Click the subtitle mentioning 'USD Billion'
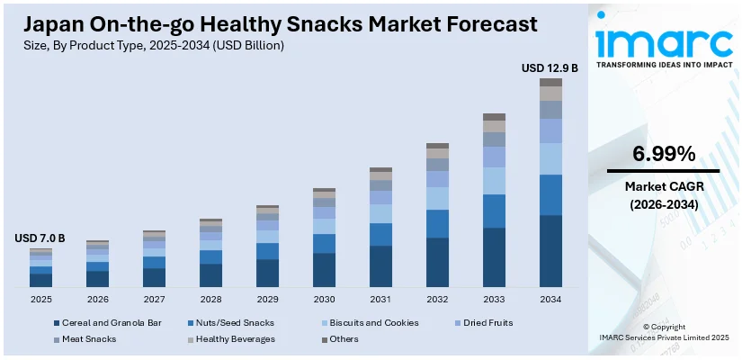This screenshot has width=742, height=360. point(149,45)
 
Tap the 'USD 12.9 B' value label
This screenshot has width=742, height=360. point(550,67)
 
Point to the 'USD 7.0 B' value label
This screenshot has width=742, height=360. point(40,238)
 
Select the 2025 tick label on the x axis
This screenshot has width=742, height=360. point(40,299)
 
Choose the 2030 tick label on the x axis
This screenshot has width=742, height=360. point(324,299)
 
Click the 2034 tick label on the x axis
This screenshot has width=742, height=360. point(550,299)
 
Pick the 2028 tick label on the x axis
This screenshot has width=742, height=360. point(210,299)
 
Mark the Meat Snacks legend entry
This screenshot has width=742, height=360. point(90,339)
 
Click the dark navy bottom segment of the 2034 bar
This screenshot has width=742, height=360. point(550,251)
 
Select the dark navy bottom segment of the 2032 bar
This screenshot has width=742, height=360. point(437,262)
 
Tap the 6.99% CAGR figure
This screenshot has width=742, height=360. point(664,154)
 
